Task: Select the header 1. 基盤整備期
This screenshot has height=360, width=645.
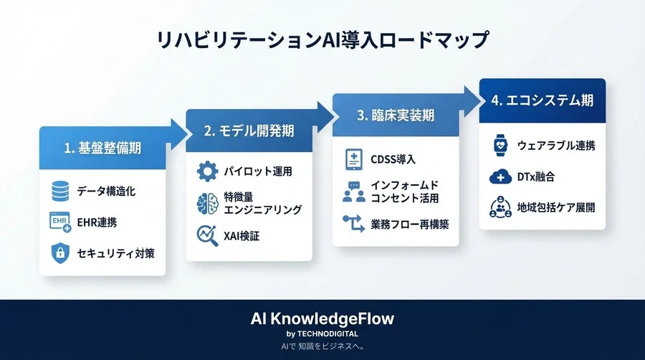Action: [102, 148]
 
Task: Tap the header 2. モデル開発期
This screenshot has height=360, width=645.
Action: [249, 131]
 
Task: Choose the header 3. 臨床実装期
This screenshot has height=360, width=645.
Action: [396, 115]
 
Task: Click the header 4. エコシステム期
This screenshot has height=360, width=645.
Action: [543, 100]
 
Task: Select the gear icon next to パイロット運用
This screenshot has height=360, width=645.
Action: [207, 172]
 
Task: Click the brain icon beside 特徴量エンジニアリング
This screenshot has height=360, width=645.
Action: [207, 204]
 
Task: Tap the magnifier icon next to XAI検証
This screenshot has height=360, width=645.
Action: [207, 234]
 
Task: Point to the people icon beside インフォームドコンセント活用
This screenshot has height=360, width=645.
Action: [354, 191]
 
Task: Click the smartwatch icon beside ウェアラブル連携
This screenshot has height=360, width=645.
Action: [500, 145]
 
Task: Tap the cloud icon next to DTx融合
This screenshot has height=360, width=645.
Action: [500, 176]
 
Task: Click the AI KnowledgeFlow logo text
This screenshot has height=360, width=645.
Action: [322, 318]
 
